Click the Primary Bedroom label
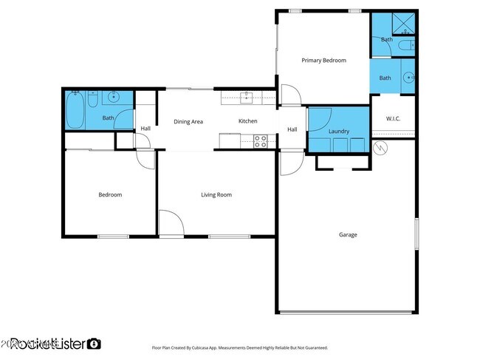click(323, 61)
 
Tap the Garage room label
click(348, 235)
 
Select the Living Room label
click(216, 195)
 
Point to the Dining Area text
click(188, 121)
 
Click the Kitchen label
click(247, 121)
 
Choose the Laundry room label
click(338, 132)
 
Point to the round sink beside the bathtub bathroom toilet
click(113, 97)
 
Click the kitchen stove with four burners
click(261, 140)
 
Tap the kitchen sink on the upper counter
click(247, 95)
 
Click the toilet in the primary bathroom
click(405, 46)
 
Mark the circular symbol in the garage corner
click(380, 149)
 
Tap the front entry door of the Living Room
click(171, 225)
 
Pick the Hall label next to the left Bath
click(145, 129)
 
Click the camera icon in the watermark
click(95, 344)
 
